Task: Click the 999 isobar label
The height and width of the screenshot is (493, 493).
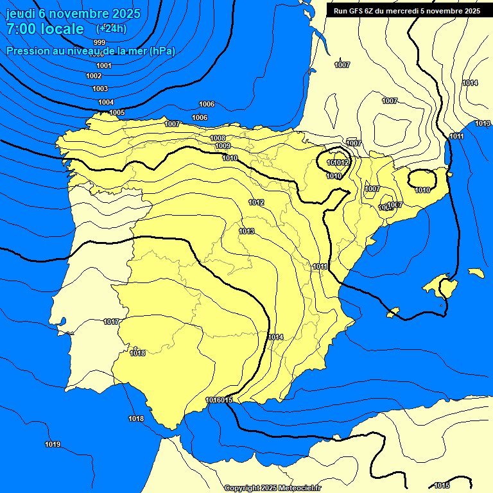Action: point(99,42)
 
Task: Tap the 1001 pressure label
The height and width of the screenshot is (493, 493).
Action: point(103,65)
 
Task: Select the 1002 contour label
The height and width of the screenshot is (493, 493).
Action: point(94,76)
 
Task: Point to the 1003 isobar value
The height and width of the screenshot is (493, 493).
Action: point(100,89)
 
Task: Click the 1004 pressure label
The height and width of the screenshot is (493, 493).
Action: point(106,102)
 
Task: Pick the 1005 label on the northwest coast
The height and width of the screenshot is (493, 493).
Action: point(117,112)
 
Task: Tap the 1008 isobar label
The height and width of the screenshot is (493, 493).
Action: point(218,138)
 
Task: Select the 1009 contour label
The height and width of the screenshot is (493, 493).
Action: point(223,146)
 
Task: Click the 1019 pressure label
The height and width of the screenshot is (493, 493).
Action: point(53,444)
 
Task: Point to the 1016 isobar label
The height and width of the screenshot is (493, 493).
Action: point(214,400)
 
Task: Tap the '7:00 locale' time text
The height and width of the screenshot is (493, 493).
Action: point(45,29)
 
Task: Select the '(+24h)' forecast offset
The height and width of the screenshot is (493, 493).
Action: point(112,29)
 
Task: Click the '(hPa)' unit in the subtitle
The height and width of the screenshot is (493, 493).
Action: point(162,51)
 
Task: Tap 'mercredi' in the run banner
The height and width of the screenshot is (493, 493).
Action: point(419,11)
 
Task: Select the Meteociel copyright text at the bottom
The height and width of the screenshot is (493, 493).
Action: point(272,488)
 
